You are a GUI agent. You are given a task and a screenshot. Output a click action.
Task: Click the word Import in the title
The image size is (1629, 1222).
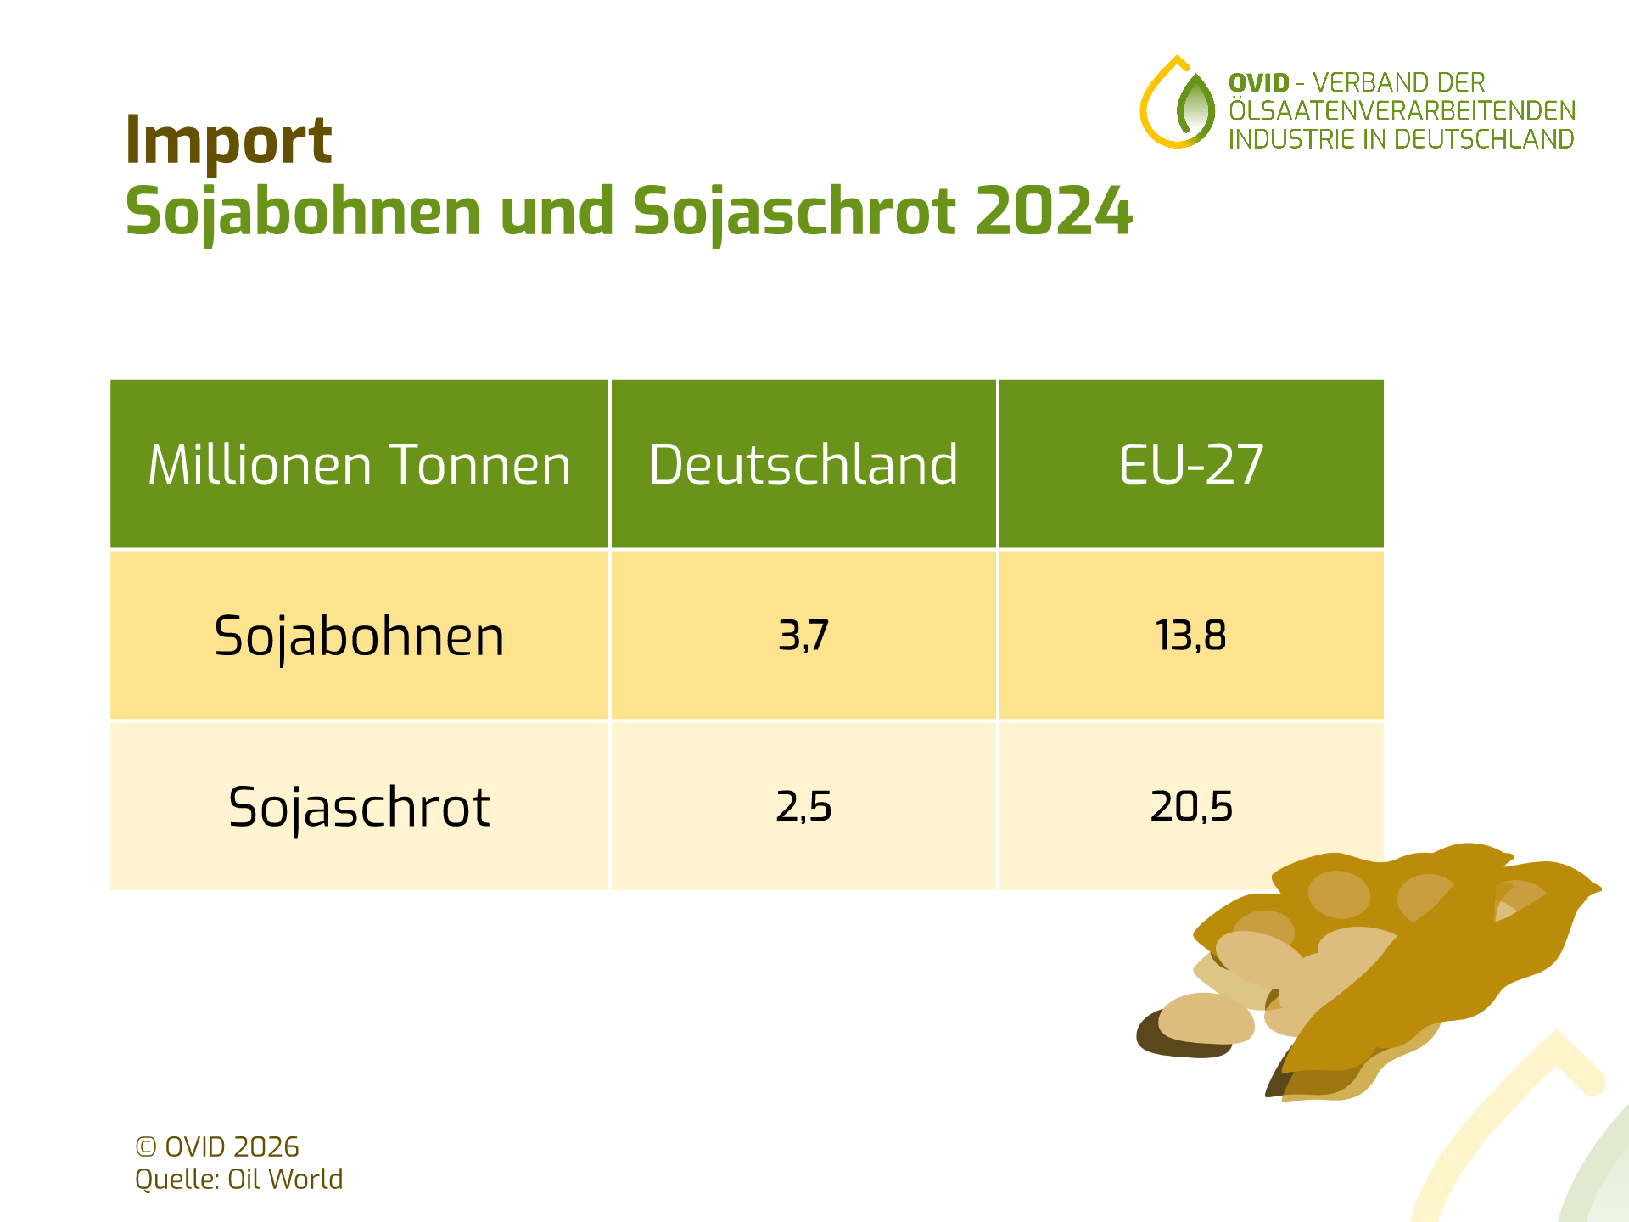[227, 140]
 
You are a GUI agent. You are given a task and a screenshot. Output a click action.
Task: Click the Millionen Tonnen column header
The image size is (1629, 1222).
[359, 465]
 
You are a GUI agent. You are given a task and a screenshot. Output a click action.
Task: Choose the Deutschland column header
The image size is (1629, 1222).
[803, 465]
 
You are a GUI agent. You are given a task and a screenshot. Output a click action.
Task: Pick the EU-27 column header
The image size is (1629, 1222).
[1190, 465]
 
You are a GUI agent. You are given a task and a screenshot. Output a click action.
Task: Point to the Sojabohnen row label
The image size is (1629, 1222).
[359, 636]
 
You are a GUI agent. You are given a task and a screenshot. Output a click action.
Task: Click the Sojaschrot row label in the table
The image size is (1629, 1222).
[359, 807]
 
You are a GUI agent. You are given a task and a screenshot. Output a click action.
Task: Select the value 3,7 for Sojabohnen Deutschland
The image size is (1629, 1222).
[803, 636]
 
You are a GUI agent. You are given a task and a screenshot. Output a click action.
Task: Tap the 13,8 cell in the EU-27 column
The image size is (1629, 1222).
[1190, 636]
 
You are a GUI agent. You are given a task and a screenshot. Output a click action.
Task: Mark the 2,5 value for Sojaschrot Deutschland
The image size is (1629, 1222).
[803, 806]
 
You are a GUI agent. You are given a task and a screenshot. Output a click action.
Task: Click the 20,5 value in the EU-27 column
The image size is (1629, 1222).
[1190, 806]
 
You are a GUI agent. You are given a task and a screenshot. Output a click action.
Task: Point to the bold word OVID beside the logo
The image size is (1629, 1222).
[1258, 83]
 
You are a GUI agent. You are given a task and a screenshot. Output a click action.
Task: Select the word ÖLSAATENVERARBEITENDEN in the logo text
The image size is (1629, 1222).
[1402, 111]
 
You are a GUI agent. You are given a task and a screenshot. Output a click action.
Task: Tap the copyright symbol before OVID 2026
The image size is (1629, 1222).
[146, 1147]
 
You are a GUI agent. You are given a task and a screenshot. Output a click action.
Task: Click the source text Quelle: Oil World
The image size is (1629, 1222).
[238, 1180]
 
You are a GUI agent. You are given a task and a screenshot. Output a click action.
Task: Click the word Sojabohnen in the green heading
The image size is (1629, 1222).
[303, 211]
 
